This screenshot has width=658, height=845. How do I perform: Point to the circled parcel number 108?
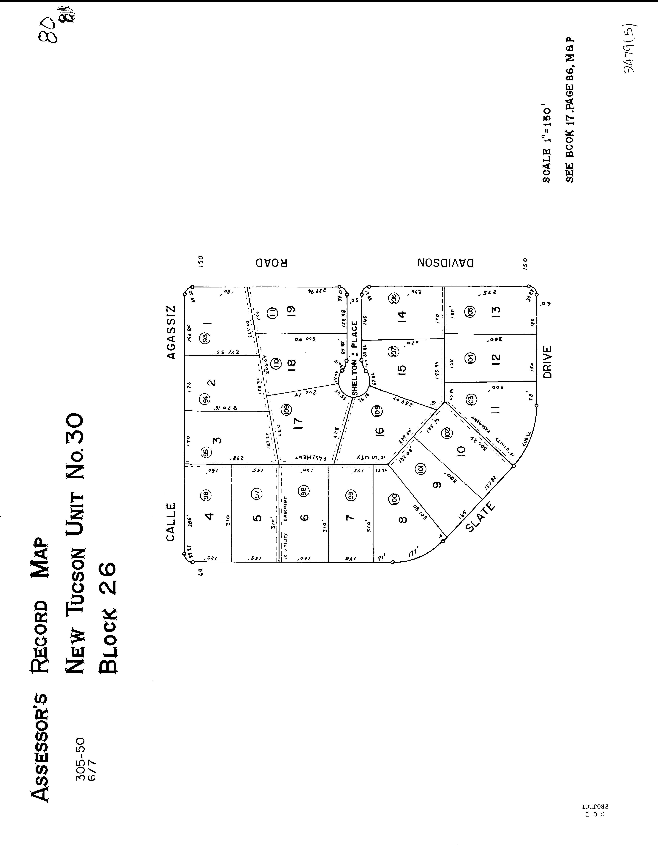click(377, 410)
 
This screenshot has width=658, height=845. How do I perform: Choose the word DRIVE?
click(547, 362)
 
